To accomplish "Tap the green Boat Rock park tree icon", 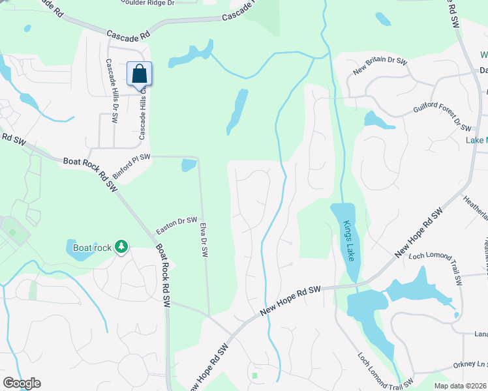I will pyautogui.click(x=121, y=246).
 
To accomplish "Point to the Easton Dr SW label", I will pyautogui.click(x=176, y=226).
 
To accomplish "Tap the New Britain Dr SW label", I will pyautogui.click(x=379, y=67).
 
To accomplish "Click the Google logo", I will pyautogui.click(x=22, y=383).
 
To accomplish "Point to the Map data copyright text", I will pyautogui.click(x=461, y=386).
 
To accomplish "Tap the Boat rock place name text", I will pyautogui.click(x=92, y=248).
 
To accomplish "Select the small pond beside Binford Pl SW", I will pyautogui.click(x=189, y=165).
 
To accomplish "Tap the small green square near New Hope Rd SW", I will pyautogui.click(x=254, y=375).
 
